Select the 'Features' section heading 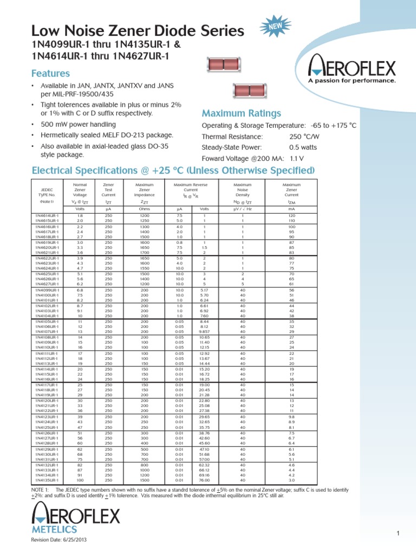(x=50, y=73)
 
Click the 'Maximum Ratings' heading (x=241, y=113)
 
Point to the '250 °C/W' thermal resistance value (x=307, y=137)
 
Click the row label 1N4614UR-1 (x=48, y=216)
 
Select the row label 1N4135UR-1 (x=48, y=480)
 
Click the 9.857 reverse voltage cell (x=204, y=332)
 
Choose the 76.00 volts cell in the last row (x=204, y=480)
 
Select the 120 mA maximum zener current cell (x=291, y=216)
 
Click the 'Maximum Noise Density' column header (x=243, y=191)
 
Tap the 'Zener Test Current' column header (x=108, y=191)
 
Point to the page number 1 (x=397, y=534)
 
